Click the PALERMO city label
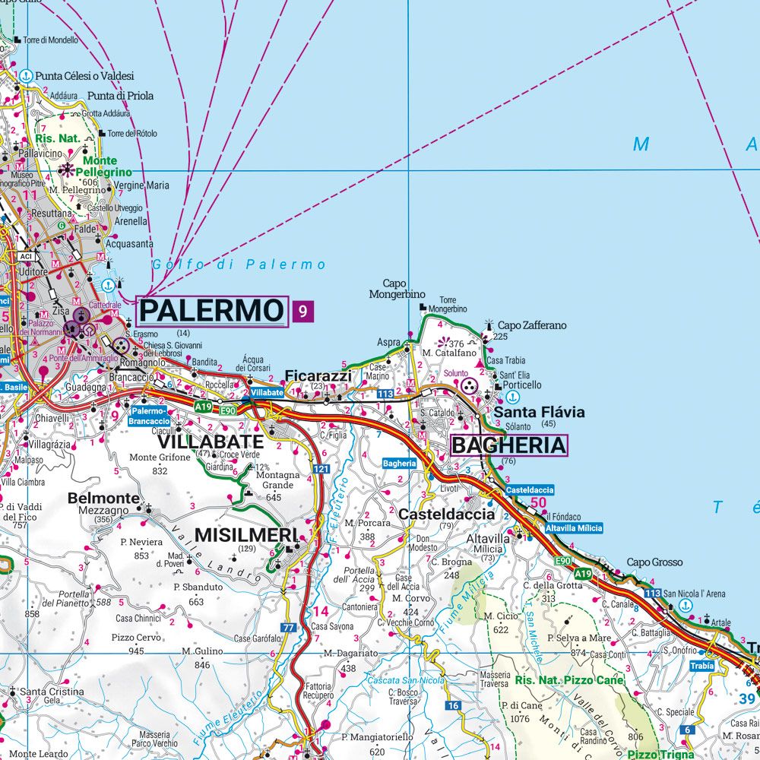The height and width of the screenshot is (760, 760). [212, 311]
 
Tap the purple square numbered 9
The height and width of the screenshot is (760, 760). [302, 311]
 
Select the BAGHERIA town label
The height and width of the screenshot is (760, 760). [508, 445]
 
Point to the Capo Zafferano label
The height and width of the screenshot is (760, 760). [532, 325]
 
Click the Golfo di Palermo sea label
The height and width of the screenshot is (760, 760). [239, 265]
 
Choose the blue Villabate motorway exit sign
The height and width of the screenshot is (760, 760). [267, 393]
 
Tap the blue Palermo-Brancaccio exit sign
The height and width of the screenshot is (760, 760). [148, 416]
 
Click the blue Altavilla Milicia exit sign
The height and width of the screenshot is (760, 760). [573, 527]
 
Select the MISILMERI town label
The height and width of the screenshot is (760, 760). [245, 534]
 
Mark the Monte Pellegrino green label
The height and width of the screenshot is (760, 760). [100, 166]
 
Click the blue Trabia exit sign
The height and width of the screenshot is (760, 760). [701, 665]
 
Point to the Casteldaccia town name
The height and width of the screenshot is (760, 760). [447, 515]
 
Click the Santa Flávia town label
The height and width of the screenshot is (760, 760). [539, 412]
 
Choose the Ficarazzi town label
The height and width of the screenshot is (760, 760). [318, 375]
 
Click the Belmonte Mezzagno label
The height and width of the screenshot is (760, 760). [103, 504]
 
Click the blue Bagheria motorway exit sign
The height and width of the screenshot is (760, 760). [399, 463]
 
